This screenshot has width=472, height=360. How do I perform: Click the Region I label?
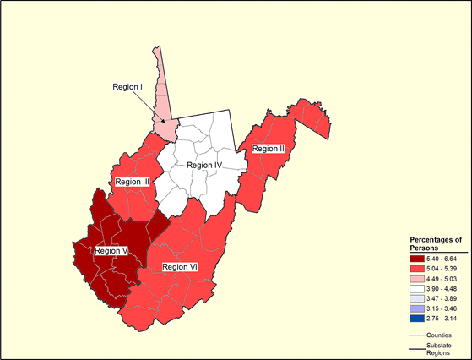pos(129,86)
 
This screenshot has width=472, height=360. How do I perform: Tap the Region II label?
pos(268,149)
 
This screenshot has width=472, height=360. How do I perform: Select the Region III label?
pos(133,182)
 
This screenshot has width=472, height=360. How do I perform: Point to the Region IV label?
pos(203,165)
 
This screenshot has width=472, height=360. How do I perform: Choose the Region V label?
pos(111,250)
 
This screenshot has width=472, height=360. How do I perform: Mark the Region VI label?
pos(180,267)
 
